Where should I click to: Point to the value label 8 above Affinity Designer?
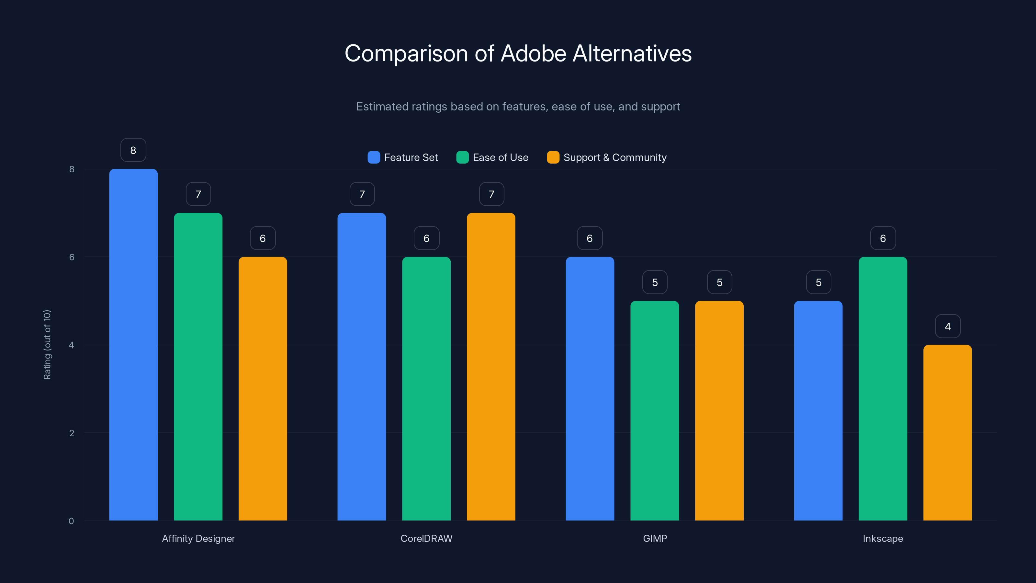click(x=133, y=150)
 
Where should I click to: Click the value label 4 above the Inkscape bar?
click(x=948, y=326)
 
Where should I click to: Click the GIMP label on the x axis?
click(x=655, y=538)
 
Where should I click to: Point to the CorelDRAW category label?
click(x=426, y=538)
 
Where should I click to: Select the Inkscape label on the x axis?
click(x=883, y=538)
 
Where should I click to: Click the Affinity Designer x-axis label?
click(x=198, y=538)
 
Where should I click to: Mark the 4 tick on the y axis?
click(x=72, y=345)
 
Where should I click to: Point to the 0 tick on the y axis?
click(x=72, y=521)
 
